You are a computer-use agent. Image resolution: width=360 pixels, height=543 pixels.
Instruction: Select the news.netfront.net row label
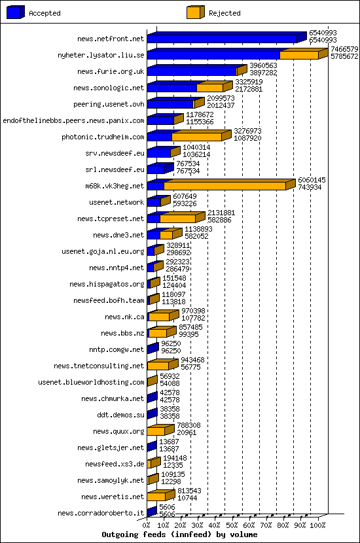click(x=111, y=39)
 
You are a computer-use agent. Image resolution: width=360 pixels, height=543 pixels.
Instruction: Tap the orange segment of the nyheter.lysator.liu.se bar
click(x=299, y=56)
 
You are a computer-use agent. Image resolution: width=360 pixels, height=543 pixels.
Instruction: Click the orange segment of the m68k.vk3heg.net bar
click(x=225, y=186)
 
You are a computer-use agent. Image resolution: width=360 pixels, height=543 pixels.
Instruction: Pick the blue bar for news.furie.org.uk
click(x=191, y=71)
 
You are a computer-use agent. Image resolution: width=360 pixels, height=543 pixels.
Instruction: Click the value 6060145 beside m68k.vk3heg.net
click(x=312, y=179)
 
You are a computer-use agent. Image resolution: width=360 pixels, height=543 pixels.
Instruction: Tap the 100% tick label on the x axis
click(x=318, y=525)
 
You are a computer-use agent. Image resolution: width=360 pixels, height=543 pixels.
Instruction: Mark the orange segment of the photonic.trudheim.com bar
click(x=196, y=137)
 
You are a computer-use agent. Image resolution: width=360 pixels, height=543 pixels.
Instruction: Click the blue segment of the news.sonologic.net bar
click(x=171, y=88)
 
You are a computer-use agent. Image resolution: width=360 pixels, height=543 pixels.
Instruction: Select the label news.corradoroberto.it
click(x=101, y=514)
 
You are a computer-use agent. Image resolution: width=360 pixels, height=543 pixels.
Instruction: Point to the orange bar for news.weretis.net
click(x=157, y=497)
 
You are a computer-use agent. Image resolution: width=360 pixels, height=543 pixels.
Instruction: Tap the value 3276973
click(x=247, y=131)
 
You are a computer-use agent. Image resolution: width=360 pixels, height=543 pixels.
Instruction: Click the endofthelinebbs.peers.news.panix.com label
click(x=73, y=121)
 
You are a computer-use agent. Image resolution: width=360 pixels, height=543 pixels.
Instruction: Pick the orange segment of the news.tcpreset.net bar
click(x=177, y=219)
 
